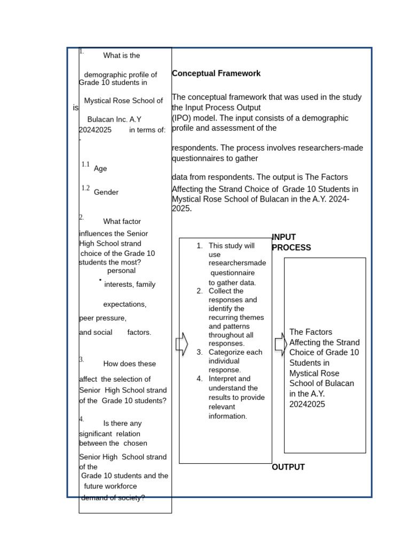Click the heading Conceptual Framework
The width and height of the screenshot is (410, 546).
coord(216,74)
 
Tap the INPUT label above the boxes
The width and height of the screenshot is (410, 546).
coord(284,237)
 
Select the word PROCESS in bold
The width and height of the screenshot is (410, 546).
coord(291,248)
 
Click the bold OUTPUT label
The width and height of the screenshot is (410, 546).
coord(288,467)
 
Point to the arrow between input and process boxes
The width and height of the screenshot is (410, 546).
coord(182,344)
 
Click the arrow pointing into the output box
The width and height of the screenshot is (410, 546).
coord(281,344)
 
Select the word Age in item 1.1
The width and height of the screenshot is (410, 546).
coord(100,168)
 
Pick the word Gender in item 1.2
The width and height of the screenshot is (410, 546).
coord(106,192)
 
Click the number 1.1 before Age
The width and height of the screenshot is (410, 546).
coord(85,165)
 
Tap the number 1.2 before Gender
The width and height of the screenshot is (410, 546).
coord(85,188)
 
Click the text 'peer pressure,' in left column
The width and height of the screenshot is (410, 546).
coord(103,318)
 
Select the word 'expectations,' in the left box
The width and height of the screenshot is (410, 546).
coord(125,304)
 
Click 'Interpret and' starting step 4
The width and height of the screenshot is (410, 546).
coord(230,379)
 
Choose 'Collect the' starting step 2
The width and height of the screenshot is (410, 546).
coord(226,291)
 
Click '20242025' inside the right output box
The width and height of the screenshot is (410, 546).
coord(307,404)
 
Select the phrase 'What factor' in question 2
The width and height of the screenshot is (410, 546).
coord(122,222)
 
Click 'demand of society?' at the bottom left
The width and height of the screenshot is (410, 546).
coord(113,498)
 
